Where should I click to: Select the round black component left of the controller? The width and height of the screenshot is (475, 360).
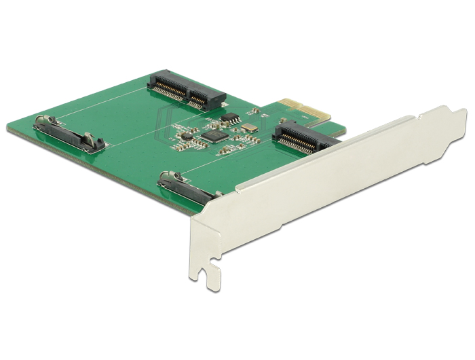[x=183, y=135]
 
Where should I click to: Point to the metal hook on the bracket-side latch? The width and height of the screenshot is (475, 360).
[x=167, y=177]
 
